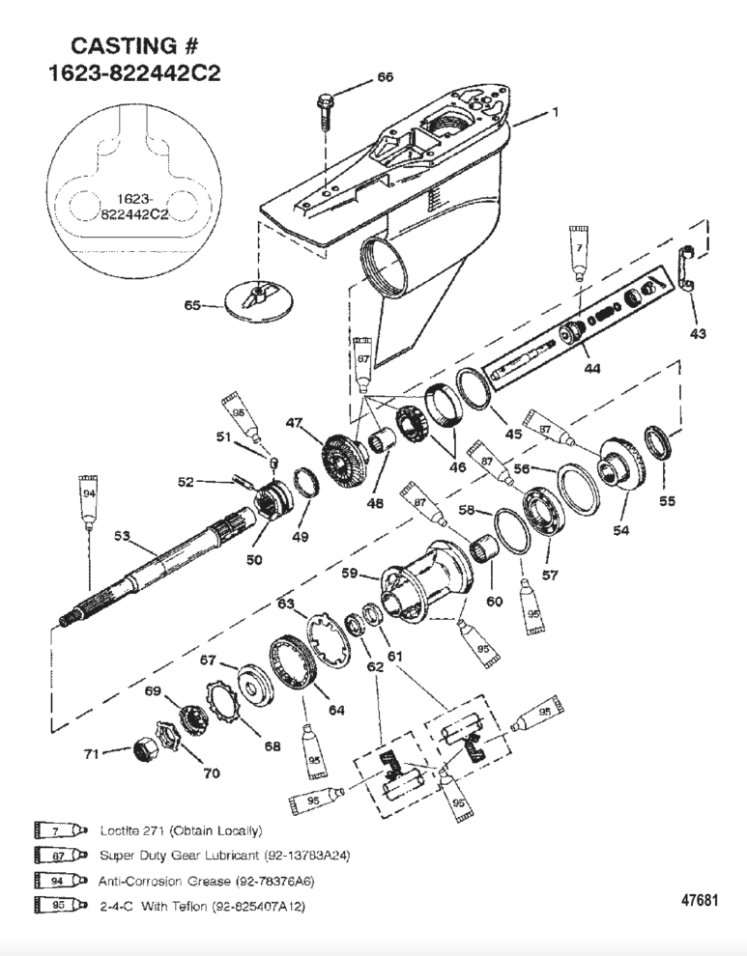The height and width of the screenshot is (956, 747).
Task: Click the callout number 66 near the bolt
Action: pos(384,78)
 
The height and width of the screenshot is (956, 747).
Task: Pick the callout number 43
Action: pos(697,334)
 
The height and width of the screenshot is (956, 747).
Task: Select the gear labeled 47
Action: pos(344,454)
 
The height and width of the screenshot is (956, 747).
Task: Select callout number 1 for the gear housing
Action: pos(555,113)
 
